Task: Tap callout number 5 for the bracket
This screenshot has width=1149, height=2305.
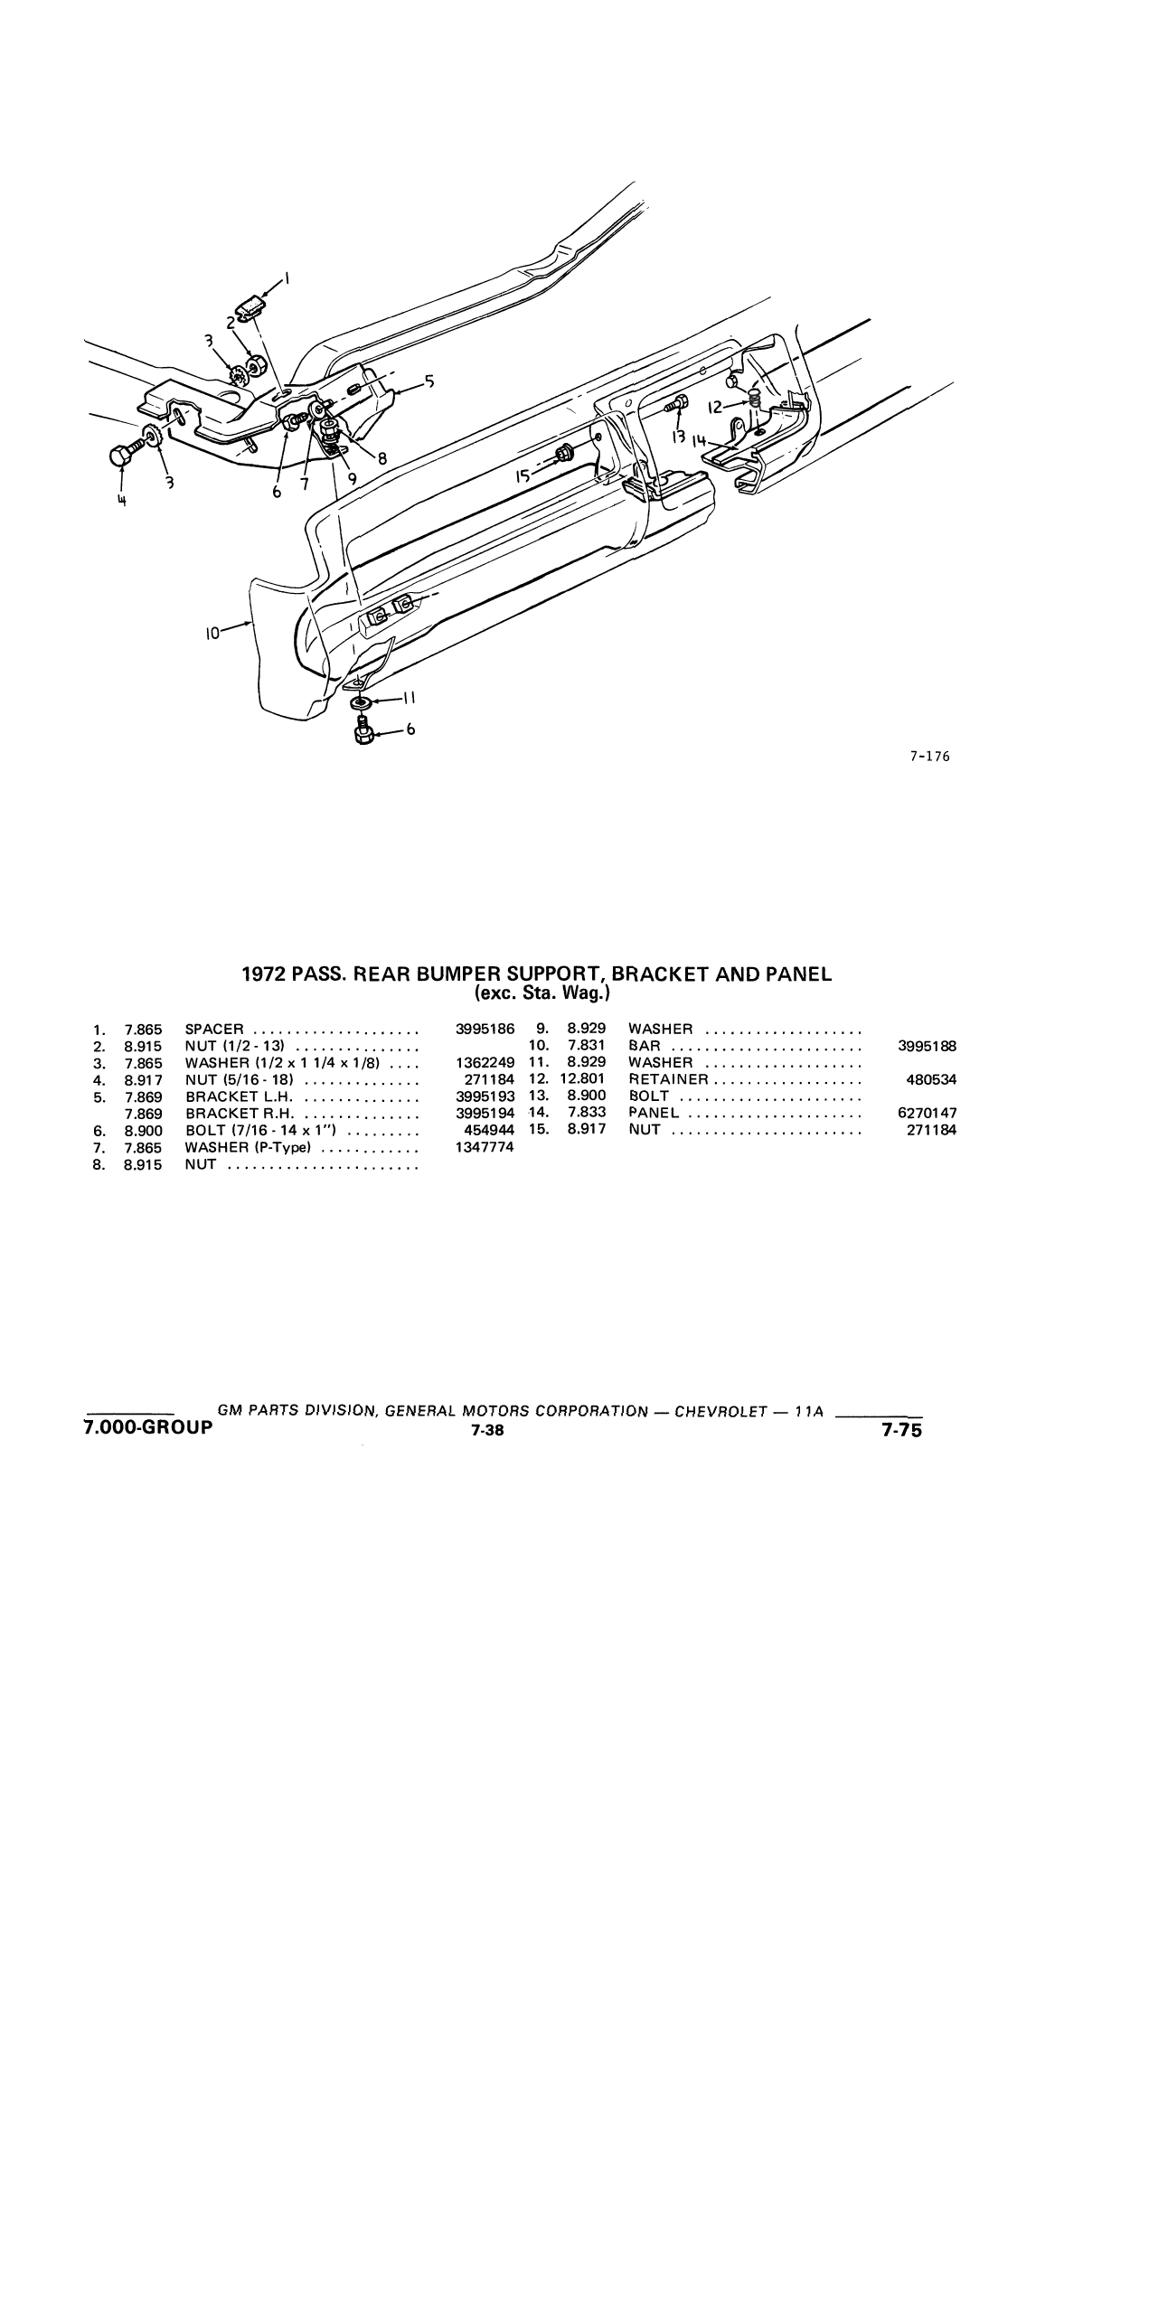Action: click(429, 382)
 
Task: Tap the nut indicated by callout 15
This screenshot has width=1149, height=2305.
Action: click(562, 454)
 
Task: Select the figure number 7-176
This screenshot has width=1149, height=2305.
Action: click(930, 757)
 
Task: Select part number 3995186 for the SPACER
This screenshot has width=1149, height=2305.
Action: click(485, 1030)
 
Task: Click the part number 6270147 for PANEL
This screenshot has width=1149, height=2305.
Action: click(927, 1114)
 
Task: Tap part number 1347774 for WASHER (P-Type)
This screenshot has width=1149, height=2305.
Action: click(485, 1148)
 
